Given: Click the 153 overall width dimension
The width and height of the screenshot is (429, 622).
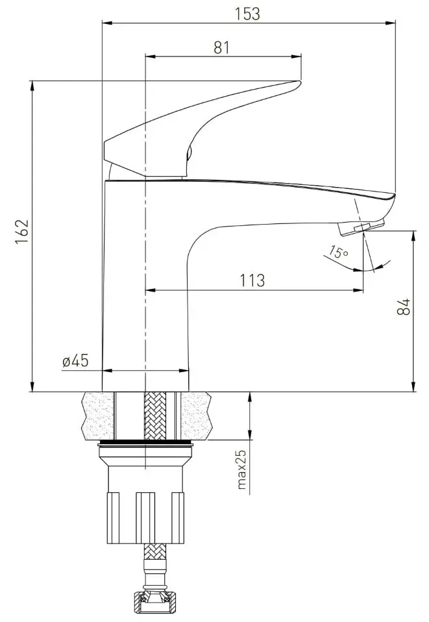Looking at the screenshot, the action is [247, 14].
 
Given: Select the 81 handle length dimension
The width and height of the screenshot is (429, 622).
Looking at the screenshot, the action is [221, 47].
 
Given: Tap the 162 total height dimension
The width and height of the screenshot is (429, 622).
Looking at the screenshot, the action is [22, 232].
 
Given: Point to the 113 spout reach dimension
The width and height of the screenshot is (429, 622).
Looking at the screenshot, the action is [252, 280].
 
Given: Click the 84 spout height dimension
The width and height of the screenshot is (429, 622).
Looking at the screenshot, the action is [404, 306].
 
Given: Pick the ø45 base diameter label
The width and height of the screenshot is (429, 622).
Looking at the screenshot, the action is [75, 361].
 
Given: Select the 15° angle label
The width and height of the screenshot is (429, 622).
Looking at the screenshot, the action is [338, 252].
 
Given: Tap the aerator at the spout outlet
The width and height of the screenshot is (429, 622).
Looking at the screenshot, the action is [361, 228].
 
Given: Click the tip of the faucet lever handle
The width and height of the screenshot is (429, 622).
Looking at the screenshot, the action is [299, 82].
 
